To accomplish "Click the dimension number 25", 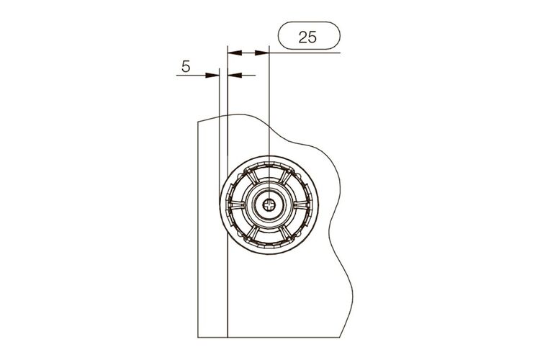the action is (x=307, y=37).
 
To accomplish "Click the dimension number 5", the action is (x=186, y=66).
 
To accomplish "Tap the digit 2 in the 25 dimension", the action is (x=303, y=37).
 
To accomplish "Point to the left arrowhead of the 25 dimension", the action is (x=234, y=53).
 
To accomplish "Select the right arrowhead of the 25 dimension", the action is (x=262, y=53).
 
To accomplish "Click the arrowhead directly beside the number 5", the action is (x=212, y=75).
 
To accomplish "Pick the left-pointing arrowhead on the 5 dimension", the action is (x=235, y=75).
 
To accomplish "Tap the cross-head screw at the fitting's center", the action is (x=269, y=206).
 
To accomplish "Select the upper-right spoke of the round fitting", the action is (x=286, y=177).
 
